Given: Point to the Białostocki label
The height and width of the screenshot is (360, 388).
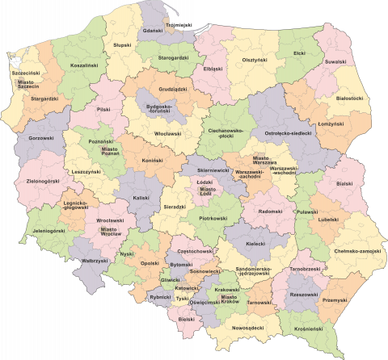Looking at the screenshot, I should coord(349,98).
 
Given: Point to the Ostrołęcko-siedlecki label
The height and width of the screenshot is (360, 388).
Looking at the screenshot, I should coord(288,132).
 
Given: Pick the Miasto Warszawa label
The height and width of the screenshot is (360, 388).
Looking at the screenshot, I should coord(266,161).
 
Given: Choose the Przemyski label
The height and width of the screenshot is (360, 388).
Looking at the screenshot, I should coord(333,300).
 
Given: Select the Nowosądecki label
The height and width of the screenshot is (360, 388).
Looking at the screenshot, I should coord(247,329).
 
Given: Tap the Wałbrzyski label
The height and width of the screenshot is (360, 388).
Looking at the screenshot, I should coord(95,261).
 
